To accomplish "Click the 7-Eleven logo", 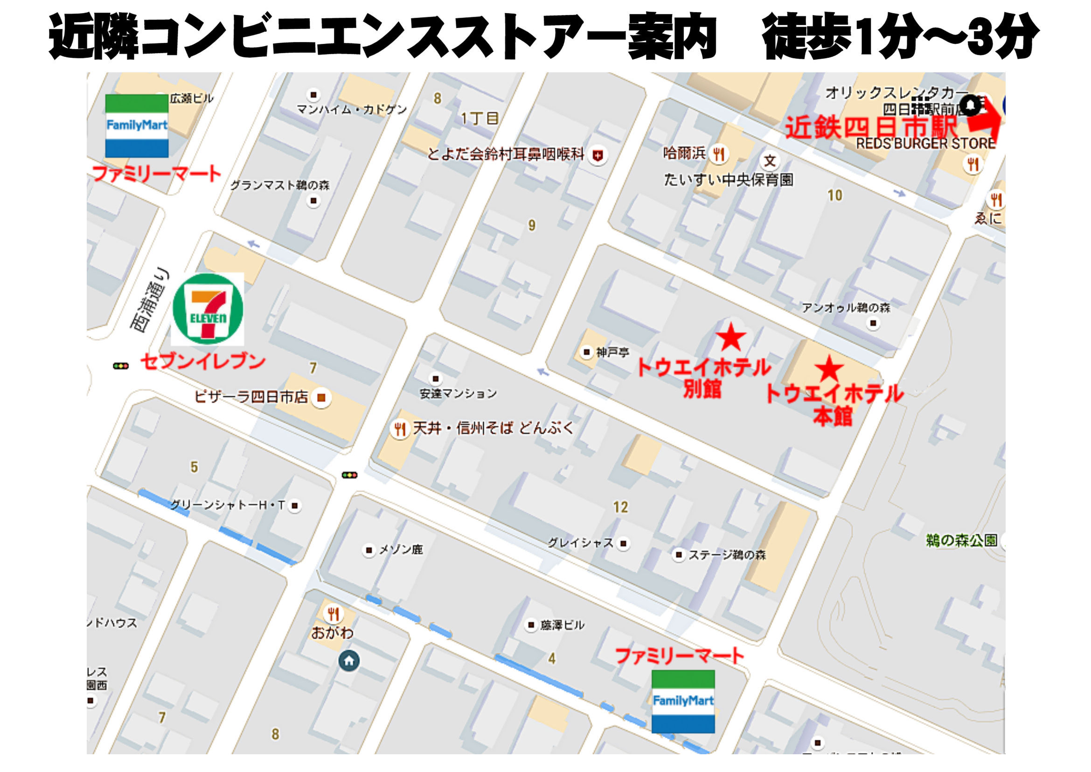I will (x=208, y=309).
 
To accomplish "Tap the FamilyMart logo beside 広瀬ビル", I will (x=137, y=126).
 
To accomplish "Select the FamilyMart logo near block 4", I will (x=683, y=701).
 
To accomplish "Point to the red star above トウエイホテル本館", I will (x=830, y=368).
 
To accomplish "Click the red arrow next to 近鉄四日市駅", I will (x=984, y=119).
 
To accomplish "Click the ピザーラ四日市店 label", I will (x=251, y=396).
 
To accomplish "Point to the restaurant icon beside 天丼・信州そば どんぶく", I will (x=400, y=429).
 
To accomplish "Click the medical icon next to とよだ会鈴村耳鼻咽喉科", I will (x=598, y=155).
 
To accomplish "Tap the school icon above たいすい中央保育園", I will (x=770, y=161).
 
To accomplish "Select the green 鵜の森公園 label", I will (x=961, y=540).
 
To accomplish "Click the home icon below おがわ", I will (x=349, y=661).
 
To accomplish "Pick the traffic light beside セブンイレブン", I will (x=121, y=366).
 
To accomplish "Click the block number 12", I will (x=620, y=507).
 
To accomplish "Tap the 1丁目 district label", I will (x=479, y=119).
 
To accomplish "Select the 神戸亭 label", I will (x=612, y=352).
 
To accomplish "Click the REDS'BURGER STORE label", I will (x=925, y=143).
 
